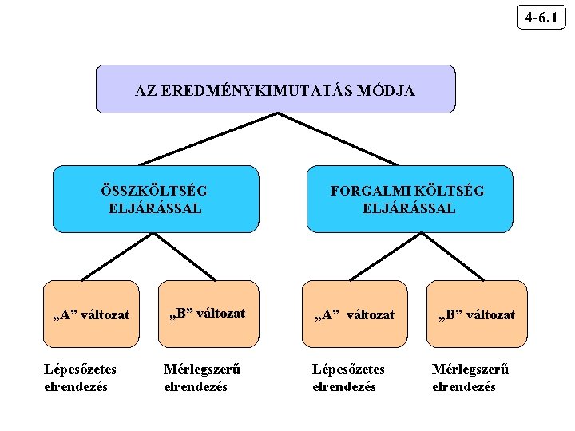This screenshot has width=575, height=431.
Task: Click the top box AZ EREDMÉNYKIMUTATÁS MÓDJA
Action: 276,89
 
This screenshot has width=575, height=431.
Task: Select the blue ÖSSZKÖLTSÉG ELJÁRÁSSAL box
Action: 156,199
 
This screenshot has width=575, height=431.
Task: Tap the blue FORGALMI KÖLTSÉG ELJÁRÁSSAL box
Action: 410,199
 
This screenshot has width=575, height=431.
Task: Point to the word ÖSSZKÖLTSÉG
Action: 155,191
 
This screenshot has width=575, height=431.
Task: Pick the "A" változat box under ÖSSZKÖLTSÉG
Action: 90,314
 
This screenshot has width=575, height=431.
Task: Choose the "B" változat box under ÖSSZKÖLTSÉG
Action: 208,313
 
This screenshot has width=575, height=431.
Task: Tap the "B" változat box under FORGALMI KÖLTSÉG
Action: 477,314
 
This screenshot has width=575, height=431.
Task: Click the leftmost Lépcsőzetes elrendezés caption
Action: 80,378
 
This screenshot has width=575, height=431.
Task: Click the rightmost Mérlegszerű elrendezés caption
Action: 470,378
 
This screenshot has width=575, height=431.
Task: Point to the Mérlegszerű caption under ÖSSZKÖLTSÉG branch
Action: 202,378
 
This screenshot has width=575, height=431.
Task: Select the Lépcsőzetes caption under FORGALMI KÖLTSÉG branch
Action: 348,378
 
